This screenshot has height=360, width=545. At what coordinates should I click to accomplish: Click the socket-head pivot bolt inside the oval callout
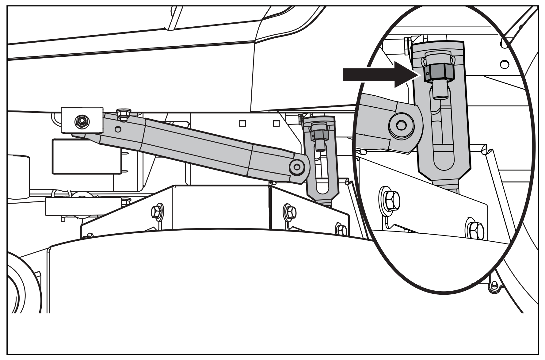402,125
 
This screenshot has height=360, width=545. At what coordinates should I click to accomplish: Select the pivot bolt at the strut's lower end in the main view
297,167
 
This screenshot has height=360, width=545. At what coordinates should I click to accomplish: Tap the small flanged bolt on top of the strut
124,113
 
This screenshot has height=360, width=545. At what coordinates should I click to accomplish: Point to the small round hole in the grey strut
118,129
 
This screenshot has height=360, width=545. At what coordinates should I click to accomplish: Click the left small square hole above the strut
242,123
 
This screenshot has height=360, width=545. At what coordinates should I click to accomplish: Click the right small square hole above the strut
276,123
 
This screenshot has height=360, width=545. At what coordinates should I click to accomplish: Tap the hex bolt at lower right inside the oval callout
475,229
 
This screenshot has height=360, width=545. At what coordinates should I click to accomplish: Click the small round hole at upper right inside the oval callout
503,65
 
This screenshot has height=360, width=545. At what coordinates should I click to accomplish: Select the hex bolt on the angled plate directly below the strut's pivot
290,212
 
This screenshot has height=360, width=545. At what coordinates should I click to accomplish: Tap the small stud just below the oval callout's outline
493,286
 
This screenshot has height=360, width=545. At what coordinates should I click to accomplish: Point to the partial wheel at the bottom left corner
18,291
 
